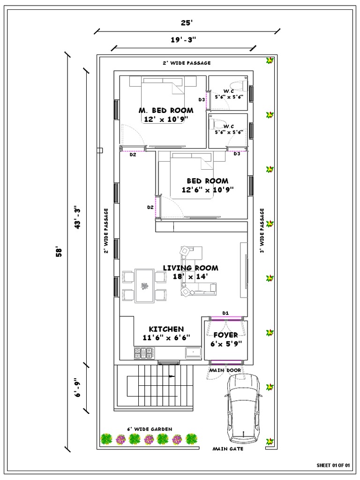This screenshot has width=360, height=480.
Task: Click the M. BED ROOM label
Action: (166, 111)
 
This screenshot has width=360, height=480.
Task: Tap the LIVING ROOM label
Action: (190, 268)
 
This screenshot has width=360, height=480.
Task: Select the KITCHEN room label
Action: (166, 329)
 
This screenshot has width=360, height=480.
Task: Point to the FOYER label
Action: (225, 335)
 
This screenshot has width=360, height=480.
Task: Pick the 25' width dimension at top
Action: (187, 22)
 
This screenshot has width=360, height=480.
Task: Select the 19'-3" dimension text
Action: (183, 40)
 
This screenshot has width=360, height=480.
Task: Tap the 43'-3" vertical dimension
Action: (78, 218)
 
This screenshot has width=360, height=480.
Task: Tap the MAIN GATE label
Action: (228, 449)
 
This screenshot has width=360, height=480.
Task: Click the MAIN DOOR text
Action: (225, 370)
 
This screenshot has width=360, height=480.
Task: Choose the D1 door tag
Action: (225, 313)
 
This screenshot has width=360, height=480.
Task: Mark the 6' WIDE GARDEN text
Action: (150, 429)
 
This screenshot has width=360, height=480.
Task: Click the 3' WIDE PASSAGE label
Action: (262, 231)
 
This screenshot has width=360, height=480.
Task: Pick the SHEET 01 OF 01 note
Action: (334, 465)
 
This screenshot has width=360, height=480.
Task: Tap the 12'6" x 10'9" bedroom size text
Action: (208, 190)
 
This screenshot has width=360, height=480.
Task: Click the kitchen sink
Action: (193, 352)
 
